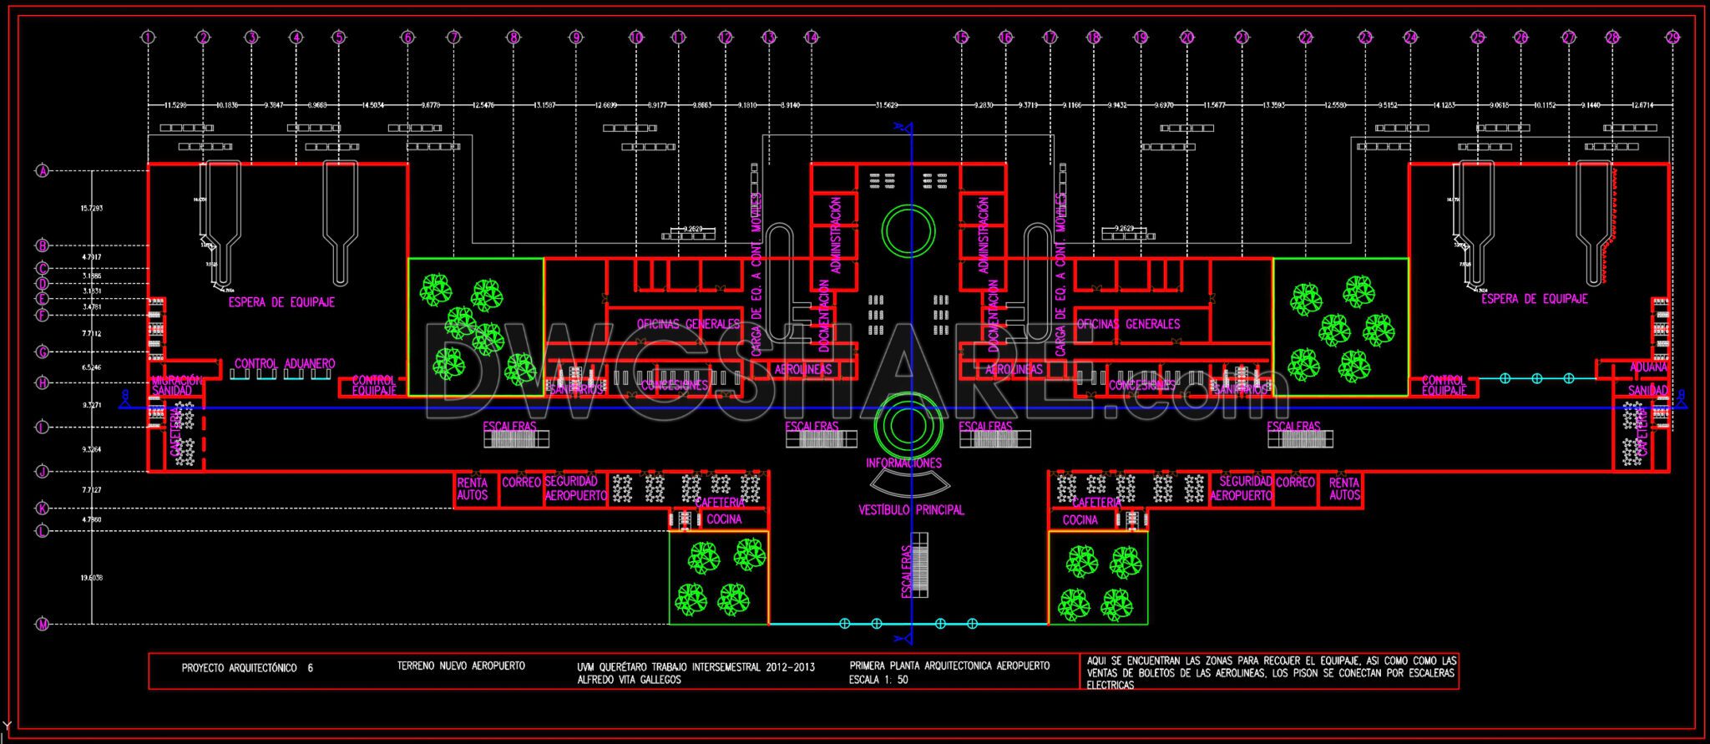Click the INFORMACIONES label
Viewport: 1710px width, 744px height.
coord(903,463)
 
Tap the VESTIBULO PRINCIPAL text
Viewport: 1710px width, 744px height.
coord(911,509)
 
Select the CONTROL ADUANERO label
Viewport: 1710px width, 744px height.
coord(285,363)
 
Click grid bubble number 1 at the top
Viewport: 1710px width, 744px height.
coord(148,37)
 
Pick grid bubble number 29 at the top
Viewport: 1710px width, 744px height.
coord(1672,37)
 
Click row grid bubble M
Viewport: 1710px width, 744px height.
coord(43,624)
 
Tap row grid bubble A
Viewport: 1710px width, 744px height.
coord(43,170)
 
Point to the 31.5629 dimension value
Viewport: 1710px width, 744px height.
coord(886,105)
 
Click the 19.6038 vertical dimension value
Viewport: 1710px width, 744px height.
coord(92,577)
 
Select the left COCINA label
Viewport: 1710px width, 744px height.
coord(723,519)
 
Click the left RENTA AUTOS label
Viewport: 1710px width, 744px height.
coord(473,488)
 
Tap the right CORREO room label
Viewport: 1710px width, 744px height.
coord(1296,482)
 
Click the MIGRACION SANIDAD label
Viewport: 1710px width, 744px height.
coord(176,385)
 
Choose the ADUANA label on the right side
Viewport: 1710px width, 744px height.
coord(1648,367)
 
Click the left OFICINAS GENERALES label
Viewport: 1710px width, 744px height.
coord(688,323)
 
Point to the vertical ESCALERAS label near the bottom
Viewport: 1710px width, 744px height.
coord(906,572)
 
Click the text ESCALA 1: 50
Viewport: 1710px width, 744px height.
coord(878,680)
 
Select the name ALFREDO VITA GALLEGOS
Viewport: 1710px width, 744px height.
coord(629,680)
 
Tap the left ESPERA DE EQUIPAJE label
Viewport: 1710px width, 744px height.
coord(281,302)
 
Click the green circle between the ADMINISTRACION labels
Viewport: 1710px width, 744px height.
coord(908,230)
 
